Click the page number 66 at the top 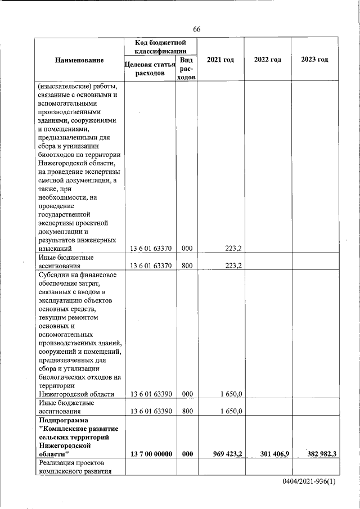pos(196,29)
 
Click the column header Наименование pos(79,60)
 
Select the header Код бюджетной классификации pos(161,47)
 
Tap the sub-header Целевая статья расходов pos(149,69)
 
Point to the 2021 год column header pos(220,60)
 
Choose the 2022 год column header pos(267,60)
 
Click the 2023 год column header pos(314,60)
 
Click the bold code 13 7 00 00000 pos(151,454)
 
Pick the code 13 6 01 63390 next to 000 pos(151,394)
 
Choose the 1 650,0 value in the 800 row pos(231,411)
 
